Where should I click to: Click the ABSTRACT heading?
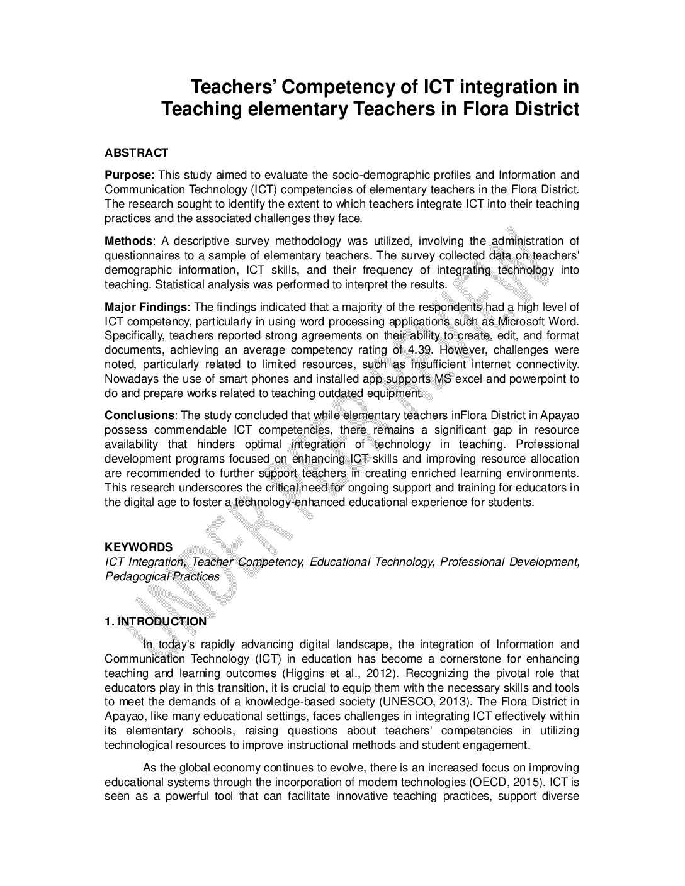(136, 153)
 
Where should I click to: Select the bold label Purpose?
(128, 175)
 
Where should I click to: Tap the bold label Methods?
(128, 241)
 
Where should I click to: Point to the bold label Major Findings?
(145, 307)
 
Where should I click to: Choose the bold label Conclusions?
(139, 415)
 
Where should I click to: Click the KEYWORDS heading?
(139, 548)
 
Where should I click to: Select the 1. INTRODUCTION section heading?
(156, 622)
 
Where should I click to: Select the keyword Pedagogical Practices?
(162, 576)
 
